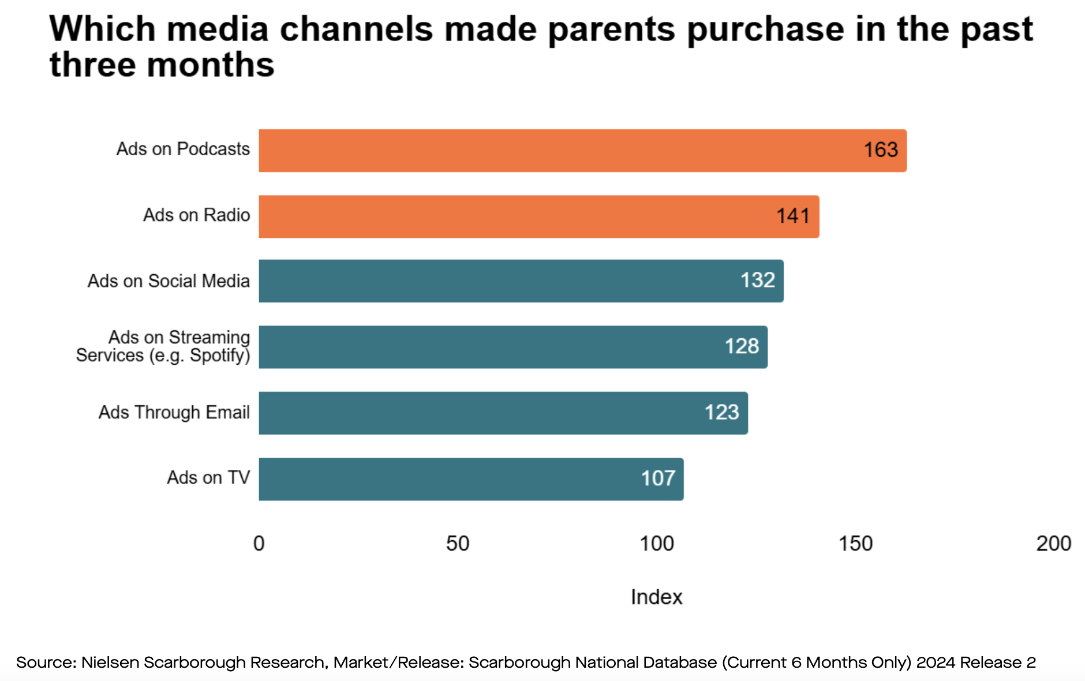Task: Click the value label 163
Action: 881,150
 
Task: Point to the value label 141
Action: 793,216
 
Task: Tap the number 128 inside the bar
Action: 742,346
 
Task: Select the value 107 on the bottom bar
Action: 658,478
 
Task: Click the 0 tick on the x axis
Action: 259,544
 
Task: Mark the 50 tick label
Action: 458,544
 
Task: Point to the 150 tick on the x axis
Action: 855,544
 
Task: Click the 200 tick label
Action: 1054,544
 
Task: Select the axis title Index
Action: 656,597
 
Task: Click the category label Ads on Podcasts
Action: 183,149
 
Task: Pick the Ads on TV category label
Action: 208,478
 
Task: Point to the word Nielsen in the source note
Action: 110,663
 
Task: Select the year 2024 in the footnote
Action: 935,663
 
